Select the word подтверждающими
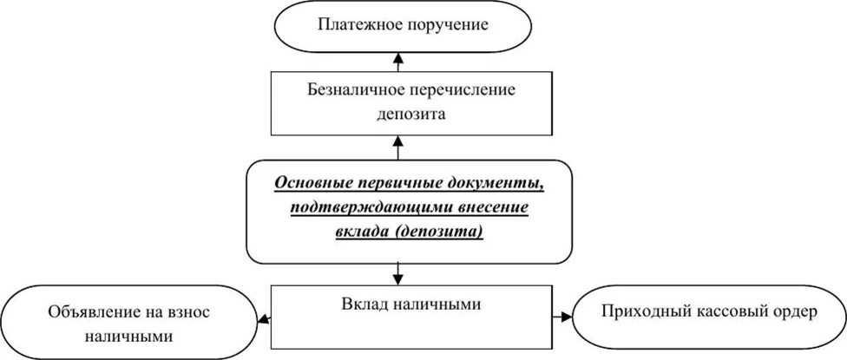click(363, 208)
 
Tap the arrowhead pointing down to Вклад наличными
click(399, 278)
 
